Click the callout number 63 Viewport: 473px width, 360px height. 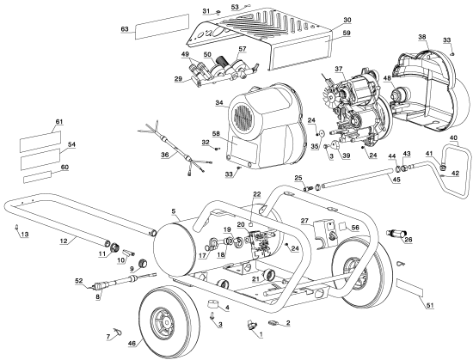pos(125,29)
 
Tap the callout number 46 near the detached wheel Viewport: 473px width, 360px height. pos(132,343)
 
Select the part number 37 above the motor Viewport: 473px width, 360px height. pos(339,69)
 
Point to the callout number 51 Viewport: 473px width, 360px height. pos(430,305)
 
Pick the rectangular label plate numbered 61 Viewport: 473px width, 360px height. pos(40,141)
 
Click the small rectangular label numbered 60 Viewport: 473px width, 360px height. pos(37,176)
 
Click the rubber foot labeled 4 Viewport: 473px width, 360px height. pos(213,304)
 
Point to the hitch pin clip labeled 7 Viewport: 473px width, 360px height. pos(118,331)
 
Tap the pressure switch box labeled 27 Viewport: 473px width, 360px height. pos(324,233)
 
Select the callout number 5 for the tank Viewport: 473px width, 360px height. pos(173,211)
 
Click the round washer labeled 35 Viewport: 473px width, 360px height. pos(321,133)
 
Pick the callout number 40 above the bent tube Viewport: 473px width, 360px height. pos(453,137)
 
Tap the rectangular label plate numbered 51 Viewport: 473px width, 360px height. pos(410,288)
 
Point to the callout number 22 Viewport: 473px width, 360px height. pos(256,195)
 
